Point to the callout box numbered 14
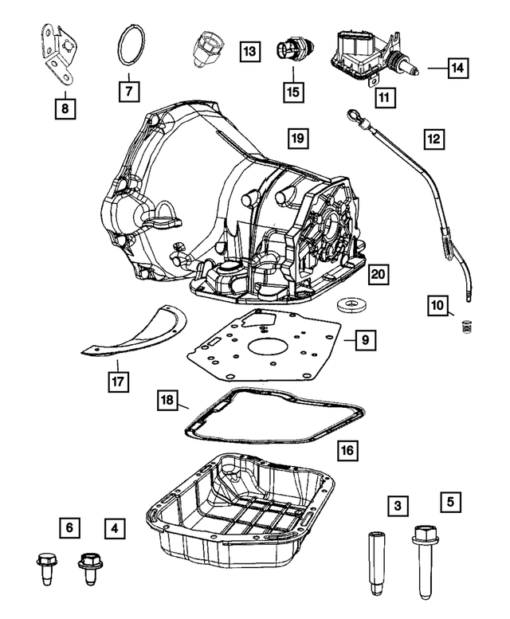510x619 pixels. [x=457, y=69]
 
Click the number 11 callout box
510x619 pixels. [x=384, y=99]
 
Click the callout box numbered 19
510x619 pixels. [x=296, y=139]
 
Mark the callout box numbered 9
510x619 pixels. [x=363, y=340]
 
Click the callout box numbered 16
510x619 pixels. [x=347, y=451]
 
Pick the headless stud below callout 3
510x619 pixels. [x=375, y=562]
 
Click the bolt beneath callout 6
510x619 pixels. [x=44, y=568]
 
